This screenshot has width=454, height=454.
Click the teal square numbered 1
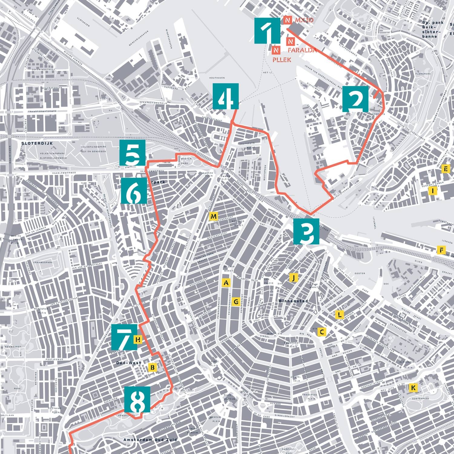pyautogui.click(x=267, y=31)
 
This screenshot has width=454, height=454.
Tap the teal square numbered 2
pyautogui.click(x=356, y=99)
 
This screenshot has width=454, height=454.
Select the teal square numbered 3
pyautogui.click(x=306, y=231)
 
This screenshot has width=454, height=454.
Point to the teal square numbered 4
pyautogui.click(x=225, y=96)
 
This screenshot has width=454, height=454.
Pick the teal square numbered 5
pyautogui.click(x=132, y=153)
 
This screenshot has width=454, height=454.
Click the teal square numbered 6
pyautogui.click(x=134, y=190)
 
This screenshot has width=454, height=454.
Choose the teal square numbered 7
pyautogui.click(x=124, y=337)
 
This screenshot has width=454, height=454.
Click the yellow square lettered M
pyautogui.click(x=213, y=216)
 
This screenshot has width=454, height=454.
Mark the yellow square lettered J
pyautogui.click(x=293, y=277)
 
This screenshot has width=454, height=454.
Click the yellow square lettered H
pyautogui.click(x=138, y=340)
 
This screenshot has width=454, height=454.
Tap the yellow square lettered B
pyautogui.click(x=153, y=367)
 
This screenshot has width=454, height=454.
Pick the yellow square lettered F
pyautogui.click(x=442, y=250)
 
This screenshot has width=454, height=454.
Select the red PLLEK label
pyautogui.click(x=281, y=60)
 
